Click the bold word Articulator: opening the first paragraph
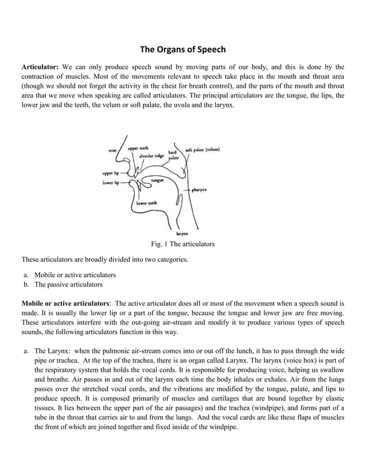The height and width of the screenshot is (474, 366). [40, 66]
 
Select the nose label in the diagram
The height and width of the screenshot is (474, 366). [114, 150]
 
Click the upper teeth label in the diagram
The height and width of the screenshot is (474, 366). [138, 148]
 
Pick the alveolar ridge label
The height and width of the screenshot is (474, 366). [151, 156]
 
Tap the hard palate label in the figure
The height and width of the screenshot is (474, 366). [173, 154]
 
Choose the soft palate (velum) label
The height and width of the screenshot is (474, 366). [203, 149]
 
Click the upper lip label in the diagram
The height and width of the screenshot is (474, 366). [110, 172]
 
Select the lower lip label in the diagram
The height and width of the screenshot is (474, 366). [110, 182]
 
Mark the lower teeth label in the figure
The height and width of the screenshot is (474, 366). [147, 203]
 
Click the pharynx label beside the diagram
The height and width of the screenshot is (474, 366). [199, 189]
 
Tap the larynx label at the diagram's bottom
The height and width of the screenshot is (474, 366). [182, 234]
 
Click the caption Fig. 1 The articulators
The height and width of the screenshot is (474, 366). [182, 244]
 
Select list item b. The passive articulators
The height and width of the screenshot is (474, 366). [68, 284]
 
